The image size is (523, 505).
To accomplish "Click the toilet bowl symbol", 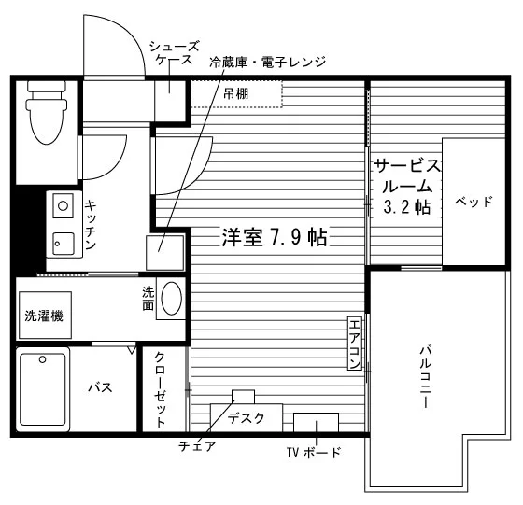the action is coord(47,113).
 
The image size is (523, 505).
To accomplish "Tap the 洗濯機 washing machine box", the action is coord(45,315).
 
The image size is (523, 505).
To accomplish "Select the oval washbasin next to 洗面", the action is coord(172,299).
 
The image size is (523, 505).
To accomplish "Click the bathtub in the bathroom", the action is coord(43,389).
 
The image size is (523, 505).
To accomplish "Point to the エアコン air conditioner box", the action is coord(354,344).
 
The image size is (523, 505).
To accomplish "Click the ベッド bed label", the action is coord(474,202).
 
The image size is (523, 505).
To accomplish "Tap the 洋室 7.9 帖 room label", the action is coord(275,237).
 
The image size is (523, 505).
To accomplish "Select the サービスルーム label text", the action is coord(407,176).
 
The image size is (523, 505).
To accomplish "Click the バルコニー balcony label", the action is coord(426,377).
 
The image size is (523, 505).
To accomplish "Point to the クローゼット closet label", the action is coord(160,389).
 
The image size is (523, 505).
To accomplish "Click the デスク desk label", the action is coord(247,417).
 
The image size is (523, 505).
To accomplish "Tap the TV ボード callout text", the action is coord(314,453).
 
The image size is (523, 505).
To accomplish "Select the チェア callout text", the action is coord(197,445).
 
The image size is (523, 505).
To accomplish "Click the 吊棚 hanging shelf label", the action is coord(235,94).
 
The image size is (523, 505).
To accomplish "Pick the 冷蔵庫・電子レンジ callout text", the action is coord(267,62).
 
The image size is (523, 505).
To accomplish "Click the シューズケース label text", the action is coord(174,52).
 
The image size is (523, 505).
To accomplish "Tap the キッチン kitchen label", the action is coord(90,224).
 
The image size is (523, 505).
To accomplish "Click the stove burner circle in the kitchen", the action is coord(64,205).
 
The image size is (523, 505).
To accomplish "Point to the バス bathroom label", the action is coord(100,387).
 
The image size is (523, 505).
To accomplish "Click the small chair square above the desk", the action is coord(243,397).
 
